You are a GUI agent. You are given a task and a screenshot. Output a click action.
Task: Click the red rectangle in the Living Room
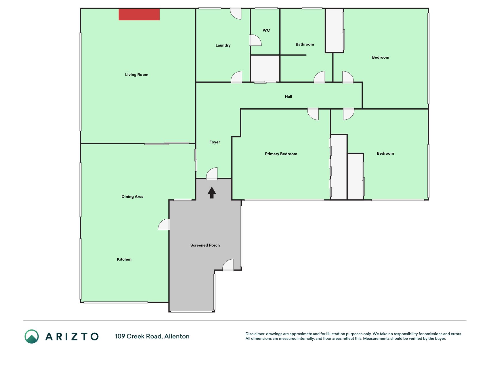click(x=139, y=14)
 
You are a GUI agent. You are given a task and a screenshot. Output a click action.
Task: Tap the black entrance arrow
click(x=212, y=193)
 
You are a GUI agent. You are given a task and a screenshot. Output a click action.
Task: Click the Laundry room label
click(x=223, y=45)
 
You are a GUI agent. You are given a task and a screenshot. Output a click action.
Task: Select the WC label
click(x=266, y=30)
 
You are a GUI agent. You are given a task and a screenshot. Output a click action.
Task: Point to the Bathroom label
click(x=305, y=44)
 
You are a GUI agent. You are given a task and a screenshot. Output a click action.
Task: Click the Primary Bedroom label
click(x=281, y=154)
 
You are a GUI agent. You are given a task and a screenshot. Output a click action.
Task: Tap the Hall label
click(x=289, y=96)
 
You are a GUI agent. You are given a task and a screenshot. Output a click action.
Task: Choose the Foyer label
click(x=215, y=142)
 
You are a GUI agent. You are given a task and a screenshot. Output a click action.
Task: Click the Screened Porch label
click(x=205, y=245)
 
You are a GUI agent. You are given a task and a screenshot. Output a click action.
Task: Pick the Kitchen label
click(x=124, y=259)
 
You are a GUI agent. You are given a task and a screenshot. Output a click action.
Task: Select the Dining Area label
click(x=132, y=197)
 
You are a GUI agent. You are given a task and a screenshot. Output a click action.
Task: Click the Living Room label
click(x=137, y=75)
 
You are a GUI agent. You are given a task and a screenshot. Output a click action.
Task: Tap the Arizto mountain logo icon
click(x=32, y=336)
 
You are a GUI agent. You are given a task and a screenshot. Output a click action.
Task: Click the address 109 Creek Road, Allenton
click(x=152, y=336)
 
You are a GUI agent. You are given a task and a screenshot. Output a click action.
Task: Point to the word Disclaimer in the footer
click(x=255, y=334)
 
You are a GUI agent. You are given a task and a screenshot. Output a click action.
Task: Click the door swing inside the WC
click(x=255, y=40)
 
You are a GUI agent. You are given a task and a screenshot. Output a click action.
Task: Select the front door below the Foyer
click(x=212, y=173)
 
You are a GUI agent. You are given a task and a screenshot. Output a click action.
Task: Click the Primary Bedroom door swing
click(x=313, y=114)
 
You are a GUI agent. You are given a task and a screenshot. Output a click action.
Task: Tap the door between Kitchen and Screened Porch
click(x=164, y=225)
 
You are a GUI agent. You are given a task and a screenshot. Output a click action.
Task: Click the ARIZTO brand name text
click(x=72, y=336)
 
